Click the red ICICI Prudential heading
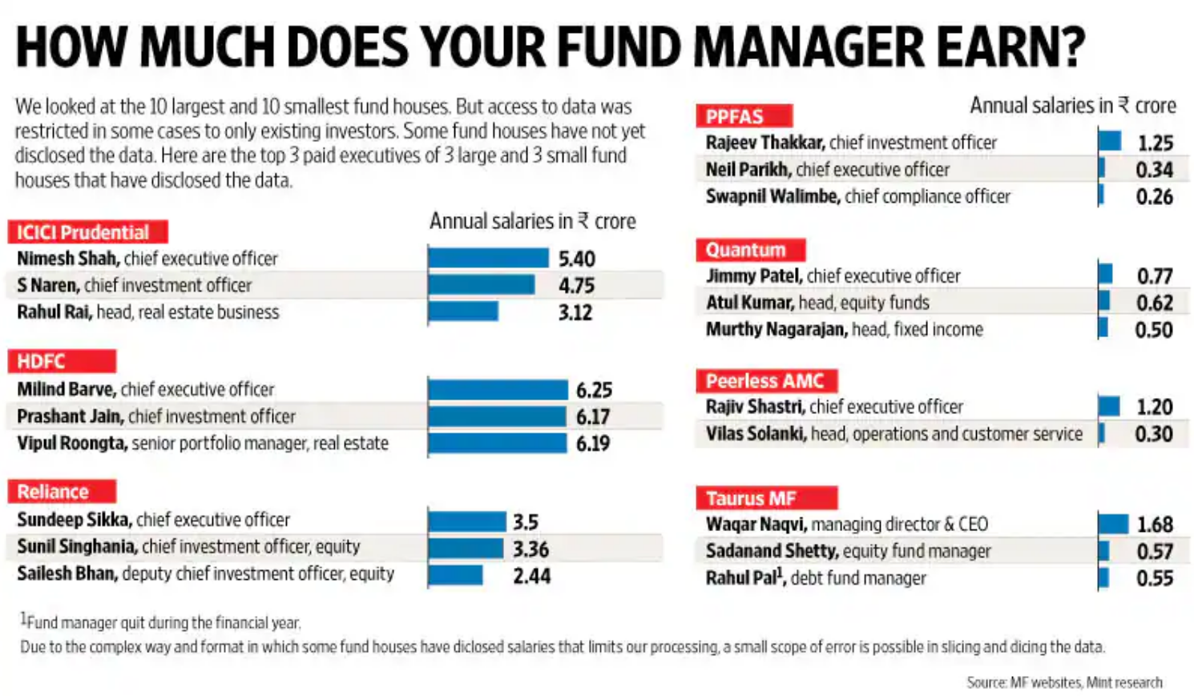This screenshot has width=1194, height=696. [87, 232]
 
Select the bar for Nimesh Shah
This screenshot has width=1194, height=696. [488, 258]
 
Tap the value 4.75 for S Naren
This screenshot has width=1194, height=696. [576, 286]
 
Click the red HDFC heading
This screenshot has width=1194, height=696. [62, 361]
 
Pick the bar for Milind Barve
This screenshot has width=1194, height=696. [498, 390]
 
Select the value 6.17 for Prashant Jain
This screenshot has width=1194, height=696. [593, 416]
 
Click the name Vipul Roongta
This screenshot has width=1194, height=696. [71, 444]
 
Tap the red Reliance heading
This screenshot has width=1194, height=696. [62, 492]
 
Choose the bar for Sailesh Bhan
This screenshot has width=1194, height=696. [455, 575]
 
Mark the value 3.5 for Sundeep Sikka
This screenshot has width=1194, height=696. [526, 522]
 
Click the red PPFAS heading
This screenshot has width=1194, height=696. [744, 117]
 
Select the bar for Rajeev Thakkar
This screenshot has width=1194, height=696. [1110, 141]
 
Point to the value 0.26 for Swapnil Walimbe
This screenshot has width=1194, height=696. [1154, 197]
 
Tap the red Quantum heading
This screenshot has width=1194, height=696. [750, 250]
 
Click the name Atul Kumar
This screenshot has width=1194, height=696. [749, 303]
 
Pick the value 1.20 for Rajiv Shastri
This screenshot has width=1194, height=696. [1154, 408]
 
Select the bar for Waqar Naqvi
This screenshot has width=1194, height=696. [1113, 524]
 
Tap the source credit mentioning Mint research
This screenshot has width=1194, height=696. [1064, 682]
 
